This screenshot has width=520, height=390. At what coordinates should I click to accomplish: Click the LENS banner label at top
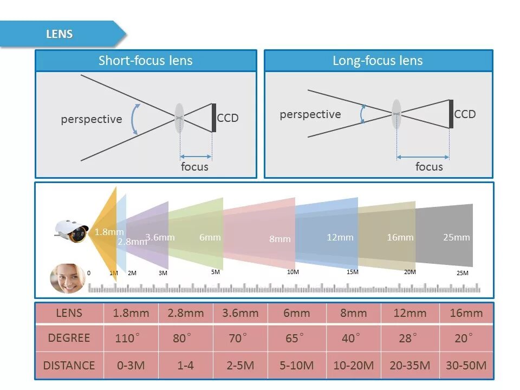click(59, 34)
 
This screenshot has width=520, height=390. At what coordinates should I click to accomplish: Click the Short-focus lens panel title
click(145, 61)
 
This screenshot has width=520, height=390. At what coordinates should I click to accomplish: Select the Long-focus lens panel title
click(378, 61)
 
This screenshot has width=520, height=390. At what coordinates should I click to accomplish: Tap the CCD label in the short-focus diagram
click(227, 118)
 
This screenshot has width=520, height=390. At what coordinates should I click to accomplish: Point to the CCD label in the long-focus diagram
click(465, 114)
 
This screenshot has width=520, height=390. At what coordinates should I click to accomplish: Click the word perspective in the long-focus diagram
click(310, 114)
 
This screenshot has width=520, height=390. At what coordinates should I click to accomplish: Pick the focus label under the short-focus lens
click(194, 166)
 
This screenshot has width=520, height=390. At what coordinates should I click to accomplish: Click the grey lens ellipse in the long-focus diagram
click(396, 114)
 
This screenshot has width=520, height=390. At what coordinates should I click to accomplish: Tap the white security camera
click(71, 230)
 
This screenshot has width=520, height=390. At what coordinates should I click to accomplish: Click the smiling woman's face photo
click(67, 278)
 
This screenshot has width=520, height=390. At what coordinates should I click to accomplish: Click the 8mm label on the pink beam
click(280, 239)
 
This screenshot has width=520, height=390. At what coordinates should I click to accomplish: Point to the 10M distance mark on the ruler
click(292, 272)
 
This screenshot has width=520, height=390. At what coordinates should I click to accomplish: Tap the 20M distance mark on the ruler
click(410, 272)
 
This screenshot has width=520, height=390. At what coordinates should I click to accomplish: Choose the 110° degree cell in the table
click(127, 339)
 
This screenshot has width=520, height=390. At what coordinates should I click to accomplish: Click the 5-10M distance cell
click(296, 366)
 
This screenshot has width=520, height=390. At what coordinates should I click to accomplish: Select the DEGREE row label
click(69, 338)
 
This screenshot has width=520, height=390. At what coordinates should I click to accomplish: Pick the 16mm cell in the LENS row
click(466, 313)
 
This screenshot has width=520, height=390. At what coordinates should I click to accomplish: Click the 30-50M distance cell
click(466, 366)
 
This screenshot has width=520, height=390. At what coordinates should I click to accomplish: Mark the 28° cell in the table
click(408, 339)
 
